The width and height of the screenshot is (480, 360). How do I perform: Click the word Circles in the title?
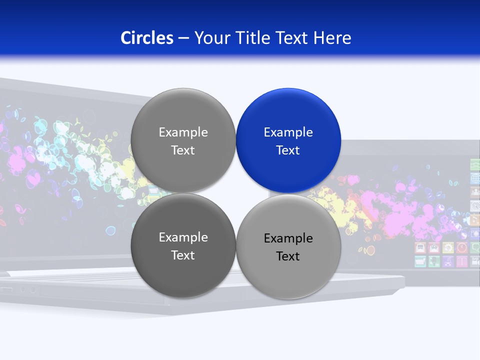click(146, 37)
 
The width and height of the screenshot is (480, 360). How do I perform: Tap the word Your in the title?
click(210, 37)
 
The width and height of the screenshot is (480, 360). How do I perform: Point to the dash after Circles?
click(183, 38)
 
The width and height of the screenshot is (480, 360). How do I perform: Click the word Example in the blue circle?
click(288, 132)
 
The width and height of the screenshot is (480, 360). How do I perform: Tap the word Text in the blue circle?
click(288, 150)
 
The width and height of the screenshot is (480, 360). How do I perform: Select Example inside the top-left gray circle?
click(183, 132)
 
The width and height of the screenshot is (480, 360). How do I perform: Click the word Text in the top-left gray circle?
click(183, 150)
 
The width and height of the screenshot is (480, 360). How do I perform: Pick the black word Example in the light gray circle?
click(288, 238)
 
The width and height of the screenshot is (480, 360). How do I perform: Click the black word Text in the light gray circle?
click(288, 256)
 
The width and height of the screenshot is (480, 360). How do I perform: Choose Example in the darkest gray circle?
click(183, 237)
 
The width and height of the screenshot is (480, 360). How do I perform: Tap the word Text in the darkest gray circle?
click(183, 255)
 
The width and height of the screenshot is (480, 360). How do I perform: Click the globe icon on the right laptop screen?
click(475, 178)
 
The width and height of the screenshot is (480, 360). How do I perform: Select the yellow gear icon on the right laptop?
click(448, 247)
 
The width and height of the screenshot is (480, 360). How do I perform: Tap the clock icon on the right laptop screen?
click(462, 247)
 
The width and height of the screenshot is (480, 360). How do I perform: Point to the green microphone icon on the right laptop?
click(434, 261)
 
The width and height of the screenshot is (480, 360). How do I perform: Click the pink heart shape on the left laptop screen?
click(33, 178)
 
